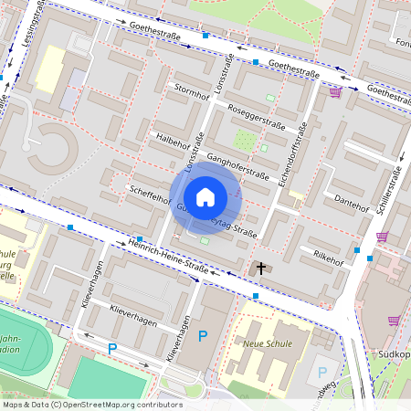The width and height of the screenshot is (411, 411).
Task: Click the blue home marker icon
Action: (x=205, y=196)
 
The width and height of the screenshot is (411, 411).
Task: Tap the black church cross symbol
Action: (x=261, y=269)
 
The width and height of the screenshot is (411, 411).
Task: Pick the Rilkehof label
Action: (x=328, y=258)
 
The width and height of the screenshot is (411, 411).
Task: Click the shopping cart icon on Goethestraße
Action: (x=336, y=91)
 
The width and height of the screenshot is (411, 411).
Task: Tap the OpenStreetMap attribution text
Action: (x=91, y=404)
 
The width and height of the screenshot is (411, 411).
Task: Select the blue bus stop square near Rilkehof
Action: (x=357, y=250)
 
